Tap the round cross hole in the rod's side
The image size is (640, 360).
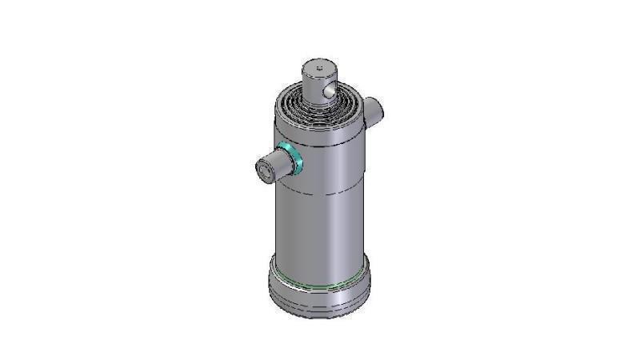328,94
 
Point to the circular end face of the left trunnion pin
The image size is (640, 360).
264,170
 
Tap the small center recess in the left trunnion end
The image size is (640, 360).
262,170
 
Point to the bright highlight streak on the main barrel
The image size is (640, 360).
340,232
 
